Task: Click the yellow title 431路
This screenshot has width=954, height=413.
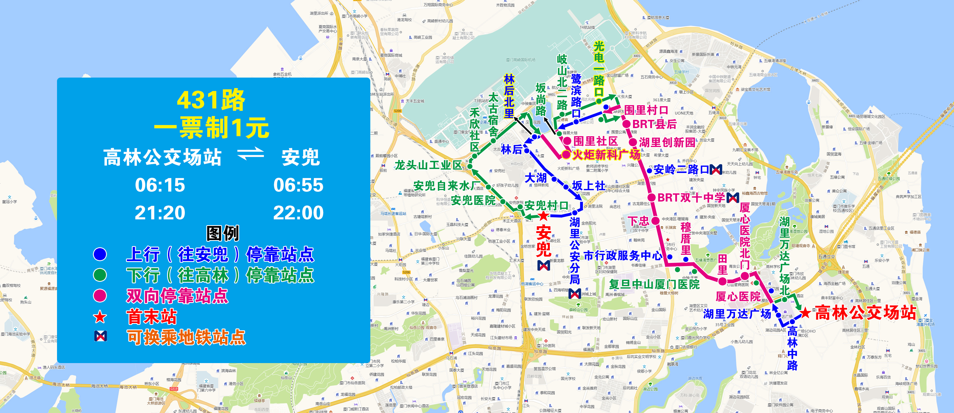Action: pyautogui.click(x=211, y=100)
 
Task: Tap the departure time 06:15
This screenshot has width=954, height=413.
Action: pyautogui.click(x=160, y=185)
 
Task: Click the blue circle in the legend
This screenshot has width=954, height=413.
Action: pyautogui.click(x=100, y=254)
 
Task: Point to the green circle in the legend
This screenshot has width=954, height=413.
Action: pyautogui.click(x=100, y=275)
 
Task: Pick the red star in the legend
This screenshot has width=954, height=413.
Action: pyautogui.click(x=100, y=317)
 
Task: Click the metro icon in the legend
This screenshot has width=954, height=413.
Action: pyautogui.click(x=100, y=336)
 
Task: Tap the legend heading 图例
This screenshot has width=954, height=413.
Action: pyautogui.click(x=223, y=233)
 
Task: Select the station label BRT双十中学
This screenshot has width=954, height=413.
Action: pyautogui.click(x=691, y=198)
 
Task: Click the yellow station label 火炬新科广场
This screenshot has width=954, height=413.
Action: pyautogui.click(x=606, y=155)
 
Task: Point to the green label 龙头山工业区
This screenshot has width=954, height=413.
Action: pyautogui.click(x=428, y=165)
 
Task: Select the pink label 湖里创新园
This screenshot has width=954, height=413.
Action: pyautogui.click(x=667, y=142)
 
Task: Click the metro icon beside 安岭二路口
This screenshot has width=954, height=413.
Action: pyautogui.click(x=716, y=170)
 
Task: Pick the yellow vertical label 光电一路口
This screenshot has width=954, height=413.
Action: pyautogui.click(x=599, y=69)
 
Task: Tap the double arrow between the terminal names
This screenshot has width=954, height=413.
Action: pyautogui.click(x=251, y=154)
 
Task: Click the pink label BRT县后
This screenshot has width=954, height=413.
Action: pyautogui.click(x=655, y=124)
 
